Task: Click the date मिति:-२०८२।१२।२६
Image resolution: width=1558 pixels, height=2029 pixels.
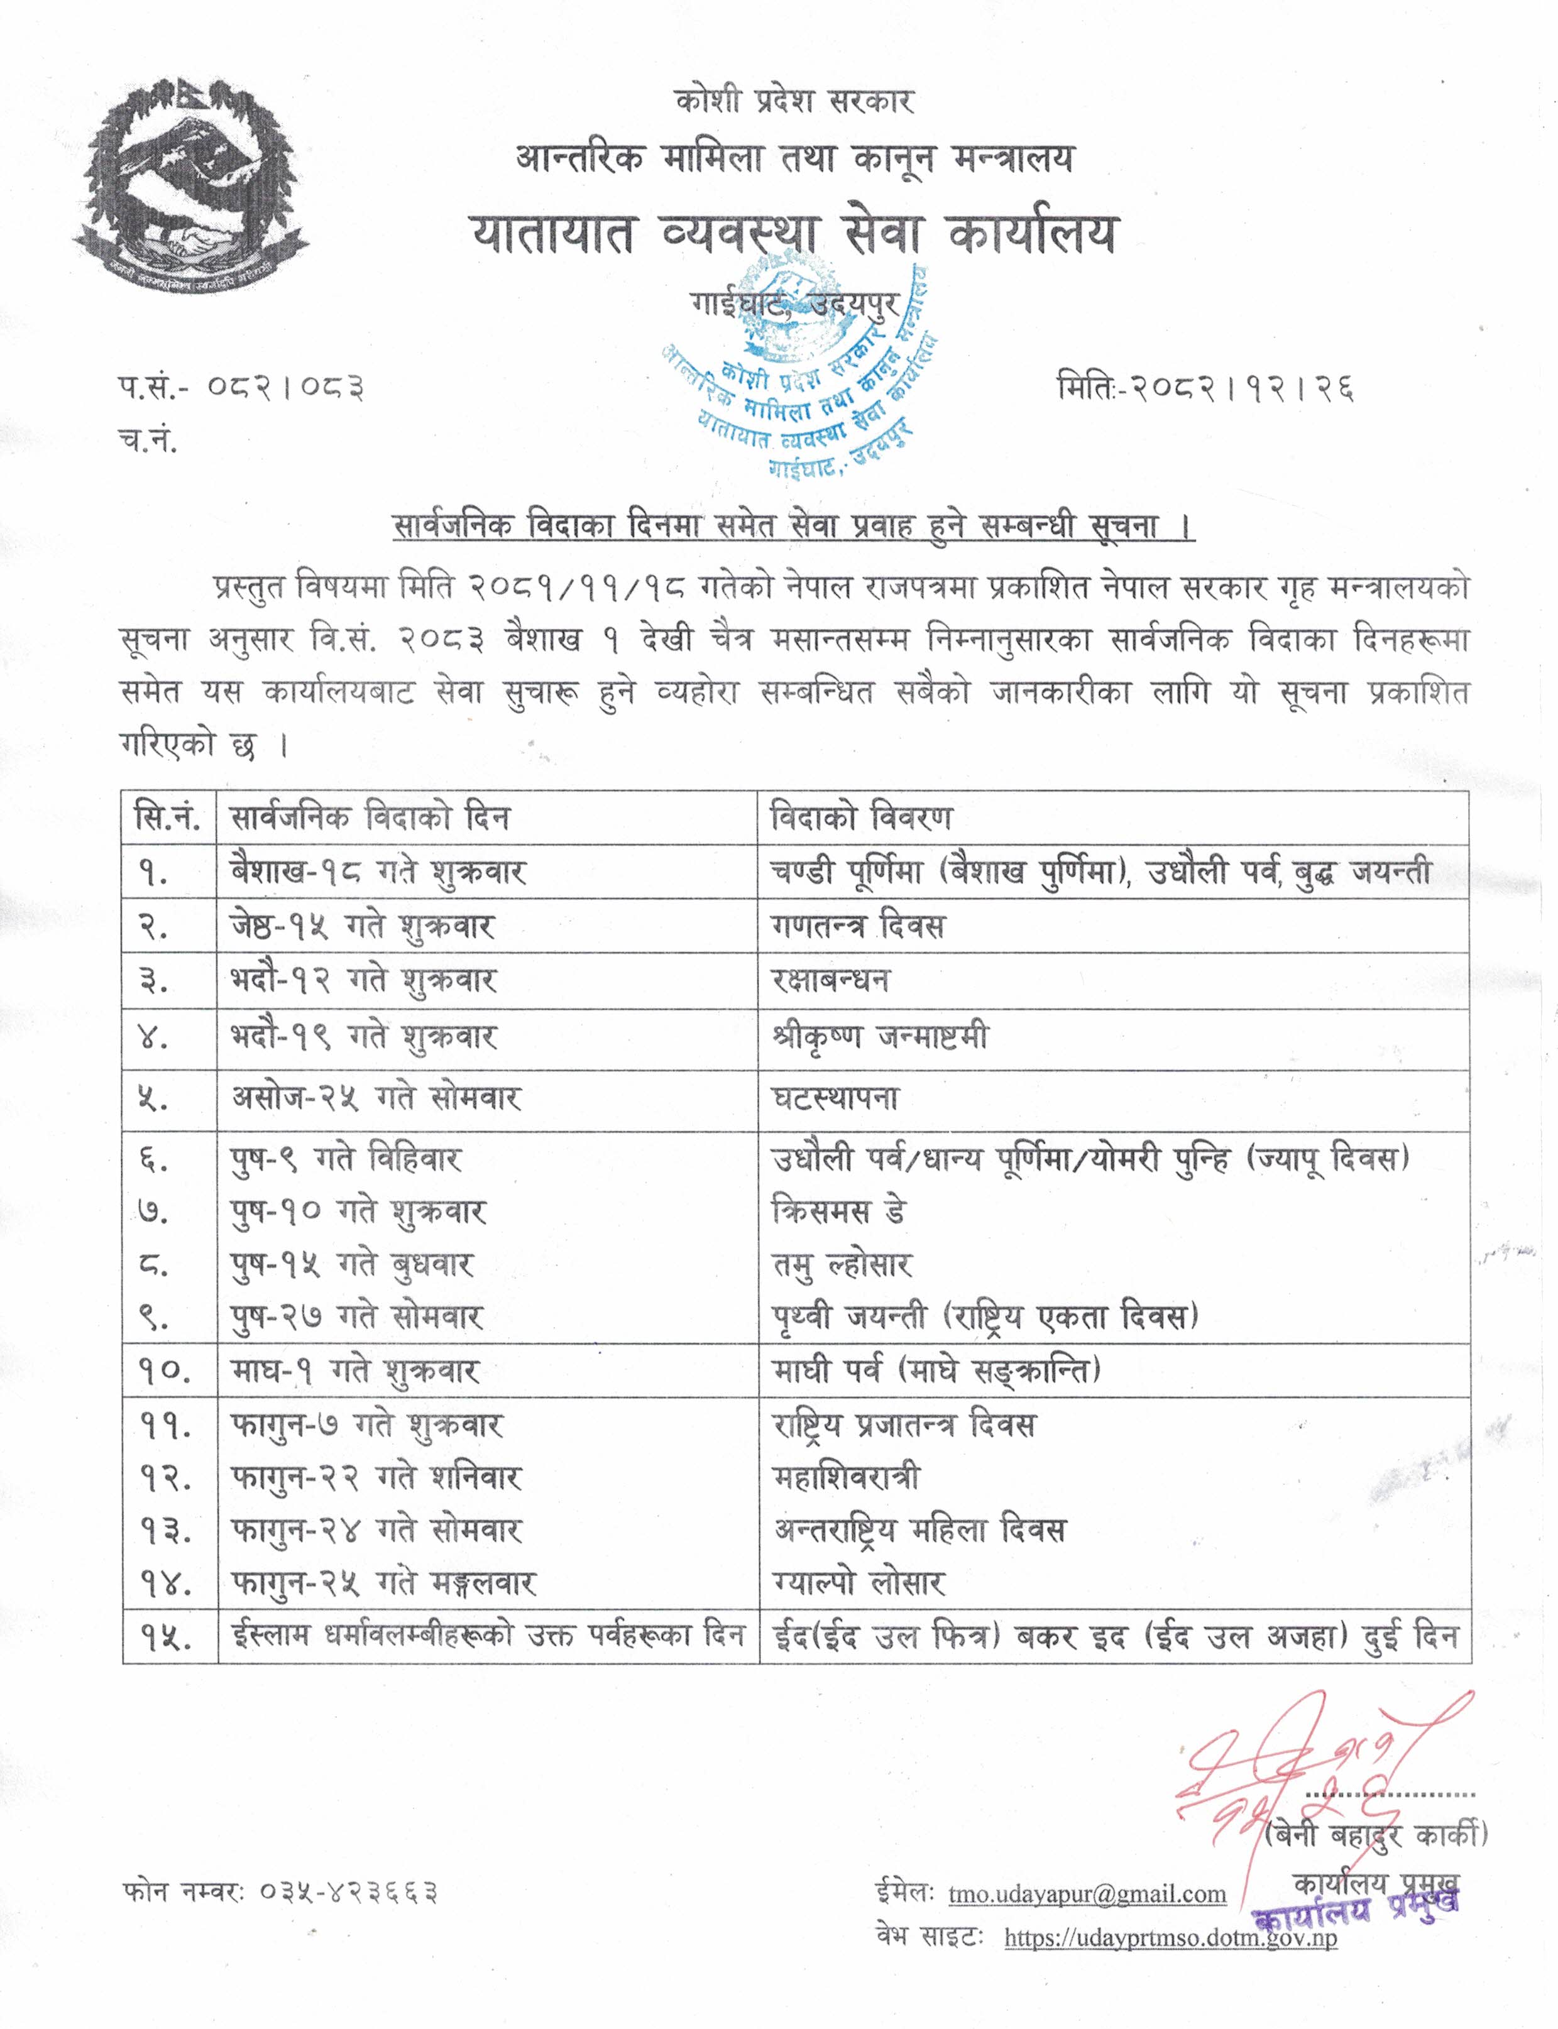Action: pyautogui.click(x=1205, y=386)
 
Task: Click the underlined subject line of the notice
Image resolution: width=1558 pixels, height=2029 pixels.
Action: pyautogui.click(x=794, y=527)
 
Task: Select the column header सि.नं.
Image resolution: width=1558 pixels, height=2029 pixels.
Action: pyautogui.click(x=168, y=818)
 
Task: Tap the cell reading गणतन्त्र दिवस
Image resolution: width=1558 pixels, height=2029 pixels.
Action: pyautogui.click(x=858, y=926)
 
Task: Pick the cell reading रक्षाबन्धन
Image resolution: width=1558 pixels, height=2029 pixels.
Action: pyautogui.click(x=830, y=980)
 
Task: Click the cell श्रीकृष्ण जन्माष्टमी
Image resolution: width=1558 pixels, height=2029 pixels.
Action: pyautogui.click(x=880, y=1036)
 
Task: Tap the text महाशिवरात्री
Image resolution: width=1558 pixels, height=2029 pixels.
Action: pyautogui.click(x=847, y=1477)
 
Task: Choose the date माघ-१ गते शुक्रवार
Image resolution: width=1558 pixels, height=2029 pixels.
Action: pyautogui.click(x=355, y=1370)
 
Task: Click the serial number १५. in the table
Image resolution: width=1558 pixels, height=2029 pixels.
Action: pyautogui.click(x=166, y=1637)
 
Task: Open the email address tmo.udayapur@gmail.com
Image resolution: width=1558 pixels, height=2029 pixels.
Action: pyautogui.click(x=1087, y=1894)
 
